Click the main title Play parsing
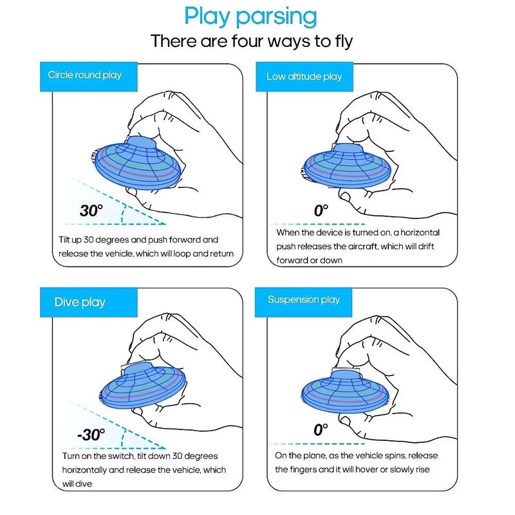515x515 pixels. pos(250,16)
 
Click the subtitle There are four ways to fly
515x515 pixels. pos(252,41)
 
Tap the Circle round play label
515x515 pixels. pos(84,75)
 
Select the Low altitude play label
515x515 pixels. pos(304,77)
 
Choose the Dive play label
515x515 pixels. pos(80,302)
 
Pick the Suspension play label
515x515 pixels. pos(304,299)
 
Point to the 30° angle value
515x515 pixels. pos(91,211)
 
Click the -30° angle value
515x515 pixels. pos(91,435)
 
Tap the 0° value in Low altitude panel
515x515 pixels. pos(321,210)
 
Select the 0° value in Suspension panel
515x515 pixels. pos(321,429)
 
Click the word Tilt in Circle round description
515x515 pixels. pos(65,239)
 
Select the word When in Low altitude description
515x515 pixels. pos(289,232)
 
